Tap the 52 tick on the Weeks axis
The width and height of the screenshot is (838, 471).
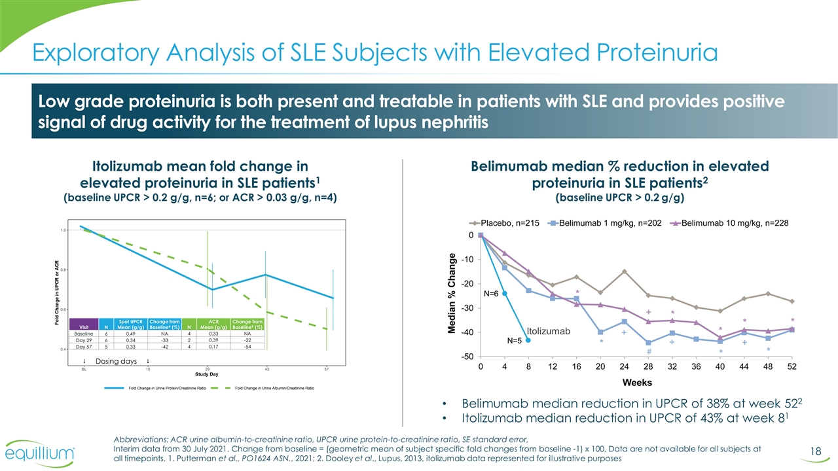point(792,366)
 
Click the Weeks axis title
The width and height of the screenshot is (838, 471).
point(636,381)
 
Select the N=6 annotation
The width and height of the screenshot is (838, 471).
point(491,294)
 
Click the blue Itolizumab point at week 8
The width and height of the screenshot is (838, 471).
point(528,340)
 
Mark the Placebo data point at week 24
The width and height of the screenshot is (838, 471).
point(625,271)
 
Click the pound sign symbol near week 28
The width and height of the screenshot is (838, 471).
point(648,351)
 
